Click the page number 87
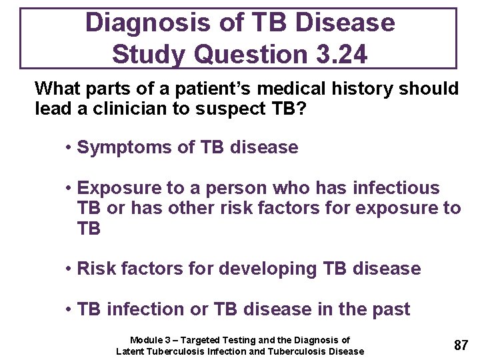[x=461, y=345]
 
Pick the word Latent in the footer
[x=130, y=351]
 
